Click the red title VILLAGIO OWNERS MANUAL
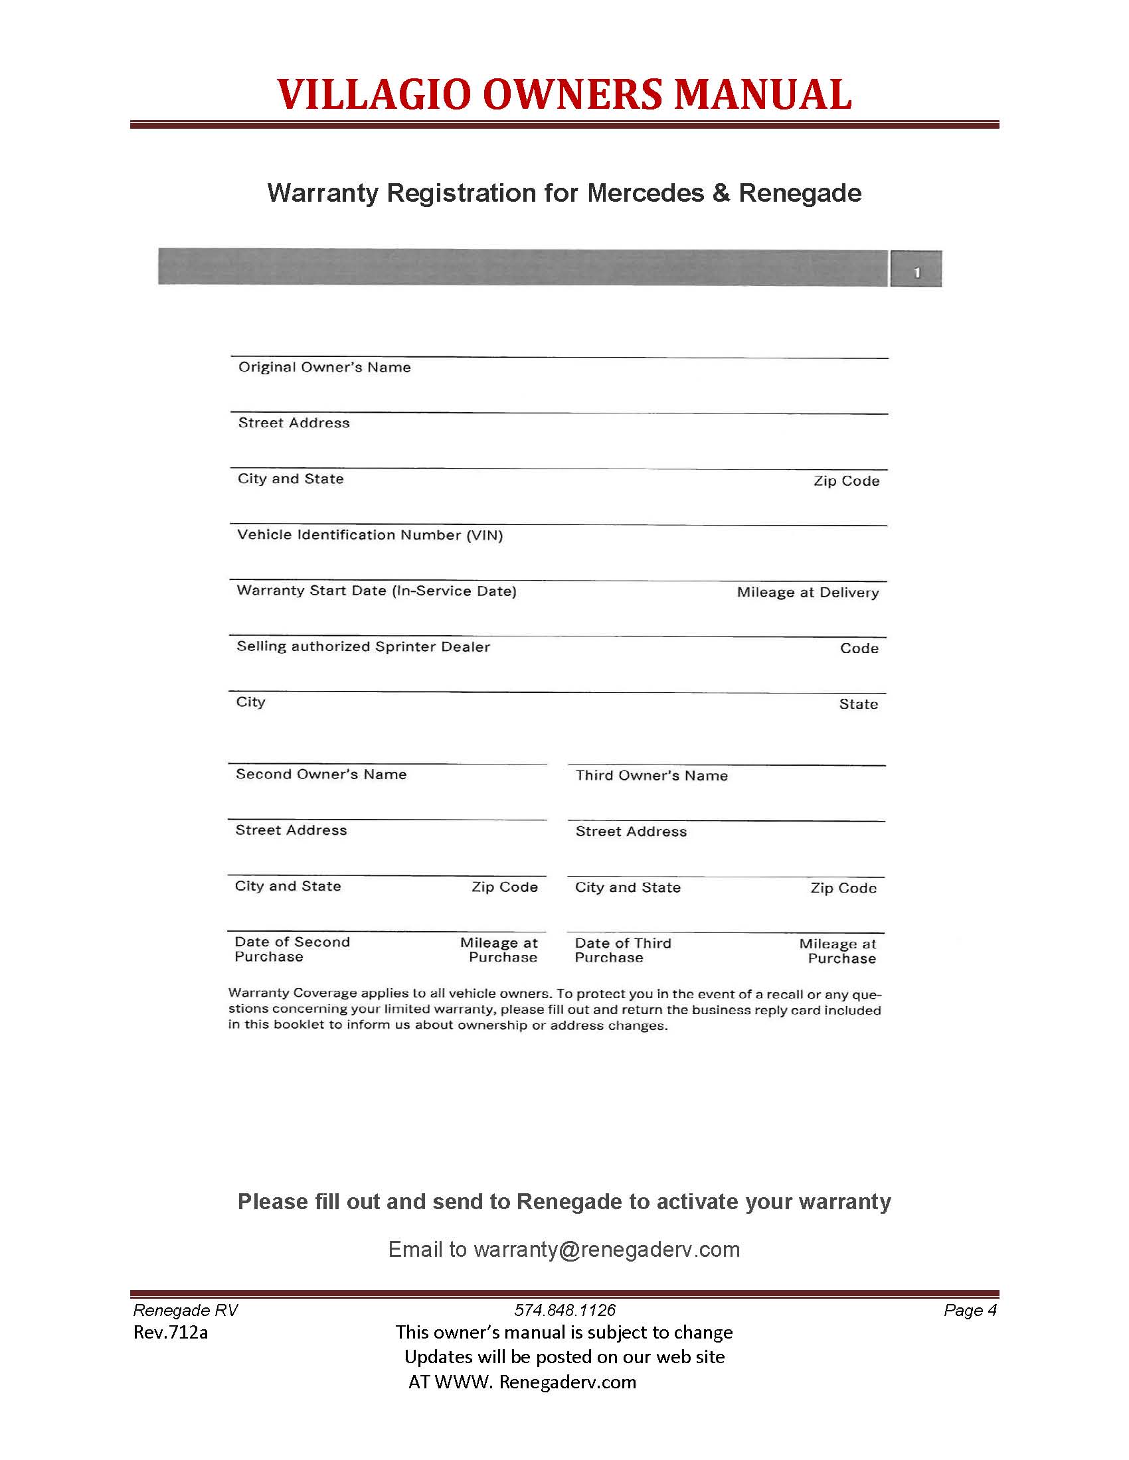tap(564, 94)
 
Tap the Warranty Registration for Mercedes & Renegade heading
tap(564, 193)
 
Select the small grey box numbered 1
tap(916, 269)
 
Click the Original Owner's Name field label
tap(324, 367)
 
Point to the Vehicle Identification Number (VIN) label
tap(370, 535)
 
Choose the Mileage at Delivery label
tap(808, 592)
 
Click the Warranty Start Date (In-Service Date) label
tap(377, 591)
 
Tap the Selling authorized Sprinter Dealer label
tap(363, 646)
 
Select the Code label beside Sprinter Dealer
tap(859, 648)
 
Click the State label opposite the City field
tap(858, 704)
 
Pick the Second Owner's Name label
tap(321, 774)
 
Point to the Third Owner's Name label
tap(651, 775)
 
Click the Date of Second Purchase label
tap(292, 949)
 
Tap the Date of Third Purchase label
tap(623, 950)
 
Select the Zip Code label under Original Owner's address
tap(846, 481)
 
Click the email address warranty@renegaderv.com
tap(606, 1250)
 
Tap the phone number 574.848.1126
tap(564, 1310)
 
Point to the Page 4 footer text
tap(970, 1310)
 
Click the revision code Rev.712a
tap(171, 1333)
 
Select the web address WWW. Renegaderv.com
tap(535, 1382)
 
